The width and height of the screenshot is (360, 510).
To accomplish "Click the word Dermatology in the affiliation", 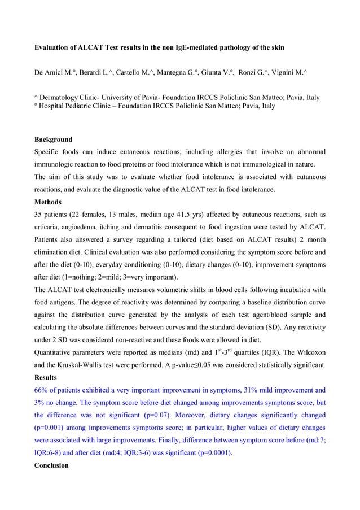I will (x=62, y=97).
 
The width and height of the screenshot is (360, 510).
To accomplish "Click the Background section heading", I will (x=54, y=139).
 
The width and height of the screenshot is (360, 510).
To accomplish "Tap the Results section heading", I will (x=47, y=377).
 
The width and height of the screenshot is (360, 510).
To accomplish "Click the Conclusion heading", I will (x=52, y=465).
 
